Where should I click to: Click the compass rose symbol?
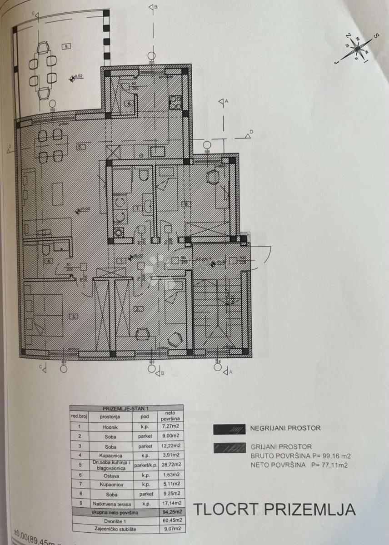coord(358,47)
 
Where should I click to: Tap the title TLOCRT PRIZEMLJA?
coord(274,509)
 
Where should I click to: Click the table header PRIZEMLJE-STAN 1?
coord(127,408)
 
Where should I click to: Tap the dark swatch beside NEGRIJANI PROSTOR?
coord(229,428)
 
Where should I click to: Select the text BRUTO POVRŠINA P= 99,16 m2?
coord(300,456)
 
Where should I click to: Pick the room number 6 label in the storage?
coord(130,103)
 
